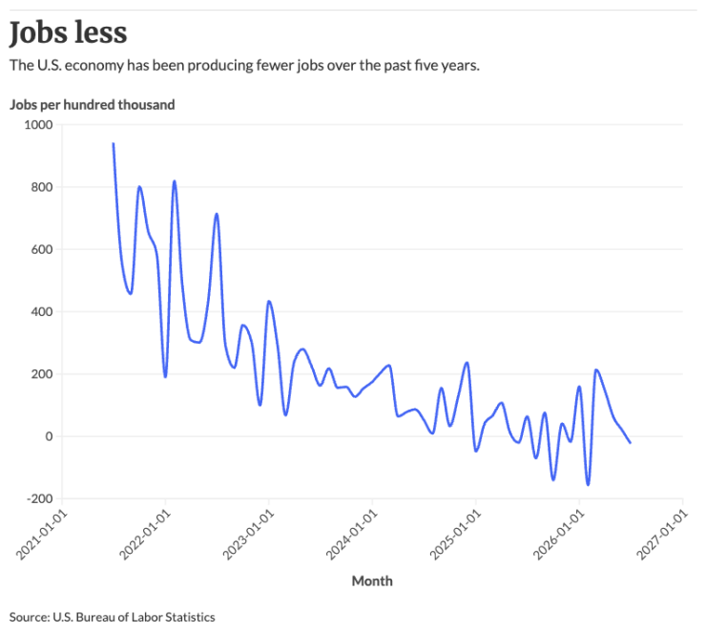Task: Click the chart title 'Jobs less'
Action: [x=68, y=32]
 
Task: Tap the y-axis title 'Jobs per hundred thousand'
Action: [x=93, y=105]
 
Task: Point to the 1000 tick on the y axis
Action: [x=39, y=125]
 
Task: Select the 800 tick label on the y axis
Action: [x=42, y=187]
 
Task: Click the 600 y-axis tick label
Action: [x=42, y=249]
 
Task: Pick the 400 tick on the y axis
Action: [x=42, y=312]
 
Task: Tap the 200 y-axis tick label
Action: [x=42, y=374]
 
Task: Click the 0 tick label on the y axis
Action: [x=49, y=436]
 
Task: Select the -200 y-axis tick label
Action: [x=40, y=498]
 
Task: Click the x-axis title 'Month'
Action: [x=372, y=581]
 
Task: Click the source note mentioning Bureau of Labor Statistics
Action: [x=113, y=617]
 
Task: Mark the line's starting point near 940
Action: [x=113, y=144]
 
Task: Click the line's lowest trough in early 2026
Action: [x=588, y=485]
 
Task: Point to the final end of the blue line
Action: [x=631, y=443]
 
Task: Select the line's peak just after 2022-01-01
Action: [x=175, y=181]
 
